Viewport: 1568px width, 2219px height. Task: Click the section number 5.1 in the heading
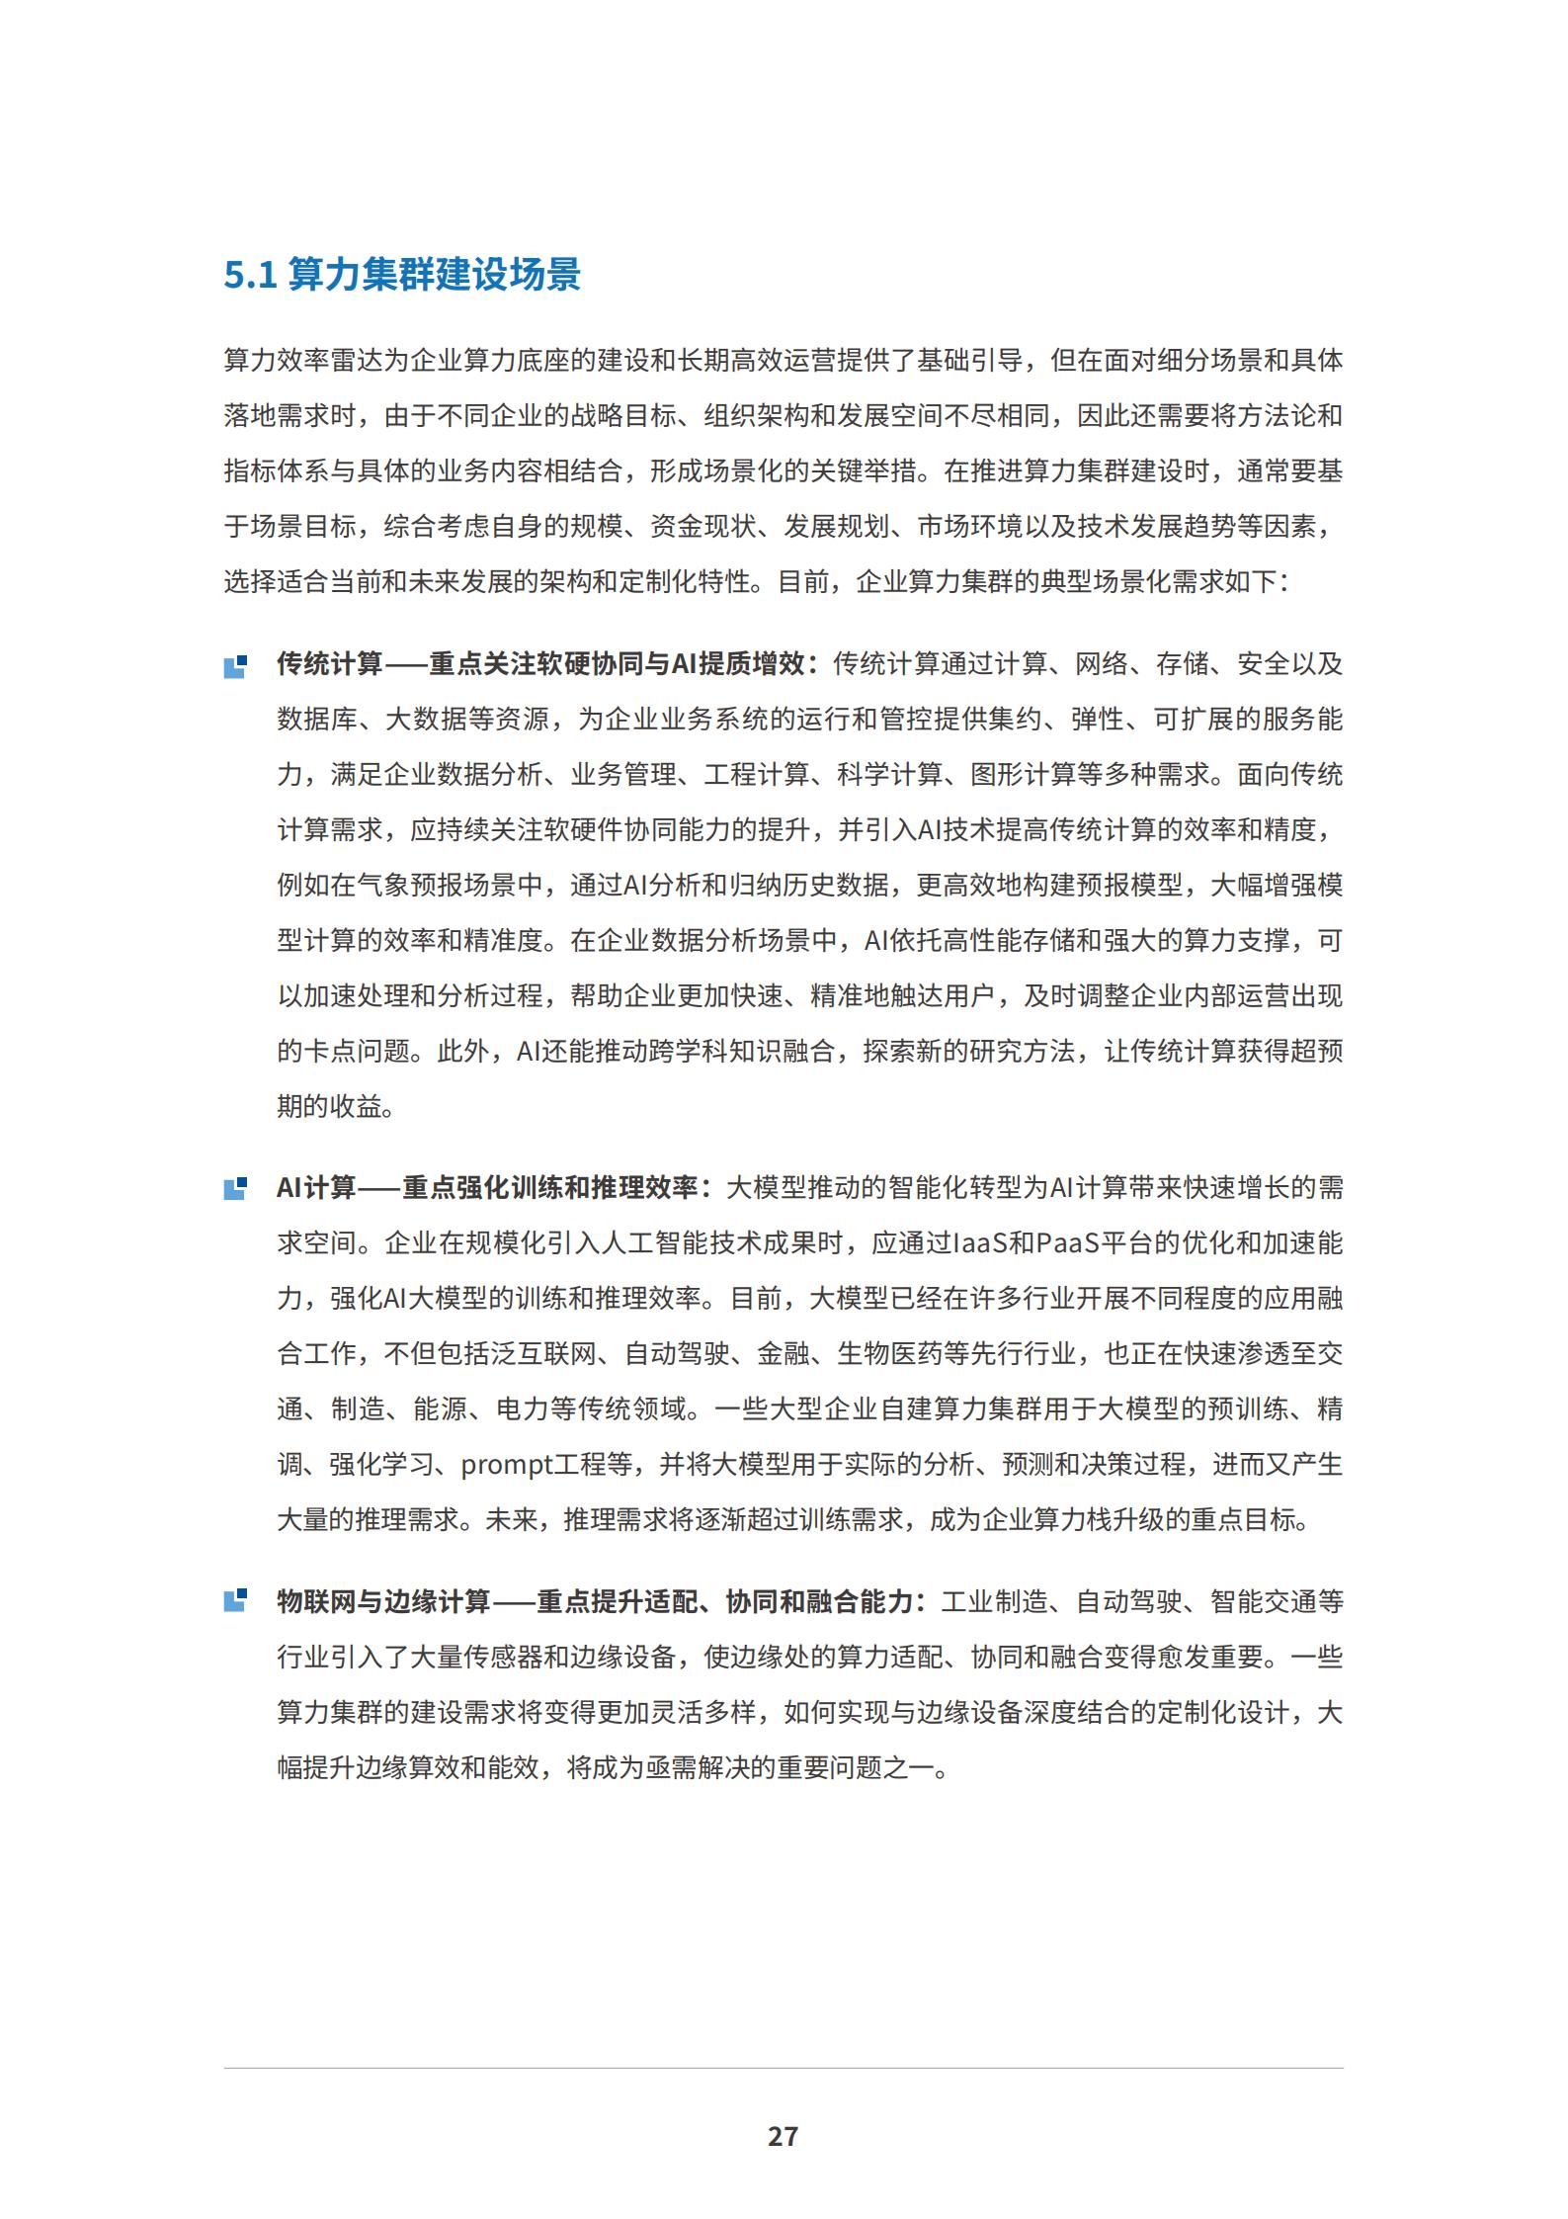[x=250, y=275]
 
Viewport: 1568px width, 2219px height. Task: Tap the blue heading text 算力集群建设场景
[x=434, y=275]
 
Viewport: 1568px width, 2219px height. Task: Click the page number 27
[x=783, y=2136]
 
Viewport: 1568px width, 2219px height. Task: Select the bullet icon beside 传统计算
[x=235, y=666]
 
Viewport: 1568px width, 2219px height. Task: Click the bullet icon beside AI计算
[x=235, y=1189]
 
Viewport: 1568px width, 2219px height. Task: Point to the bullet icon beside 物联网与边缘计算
[x=235, y=1600]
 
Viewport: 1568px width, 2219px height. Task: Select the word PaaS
[x=1068, y=1242]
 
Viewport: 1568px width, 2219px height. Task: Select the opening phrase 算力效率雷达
[x=302, y=360]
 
